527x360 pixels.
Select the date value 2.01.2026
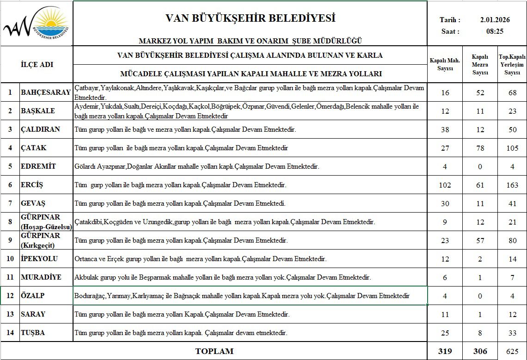(495, 20)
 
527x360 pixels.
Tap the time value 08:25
(495, 31)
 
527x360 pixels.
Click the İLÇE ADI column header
(37, 64)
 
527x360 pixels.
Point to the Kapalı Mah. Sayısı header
(445, 65)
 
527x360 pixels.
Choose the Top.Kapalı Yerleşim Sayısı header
(512, 65)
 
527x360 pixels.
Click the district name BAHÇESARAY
(46, 92)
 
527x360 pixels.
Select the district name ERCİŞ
(32, 185)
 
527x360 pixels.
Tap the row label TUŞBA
(33, 333)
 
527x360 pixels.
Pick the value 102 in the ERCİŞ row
(445, 185)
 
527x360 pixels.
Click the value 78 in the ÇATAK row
(480, 148)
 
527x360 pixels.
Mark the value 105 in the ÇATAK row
(512, 148)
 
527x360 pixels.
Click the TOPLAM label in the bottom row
(214, 351)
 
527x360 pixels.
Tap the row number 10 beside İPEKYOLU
(10, 259)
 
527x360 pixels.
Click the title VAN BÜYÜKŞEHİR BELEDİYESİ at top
(250, 18)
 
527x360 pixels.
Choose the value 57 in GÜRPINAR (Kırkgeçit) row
(480, 241)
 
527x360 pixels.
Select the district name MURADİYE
(41, 277)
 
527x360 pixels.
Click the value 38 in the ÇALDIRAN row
(445, 130)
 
